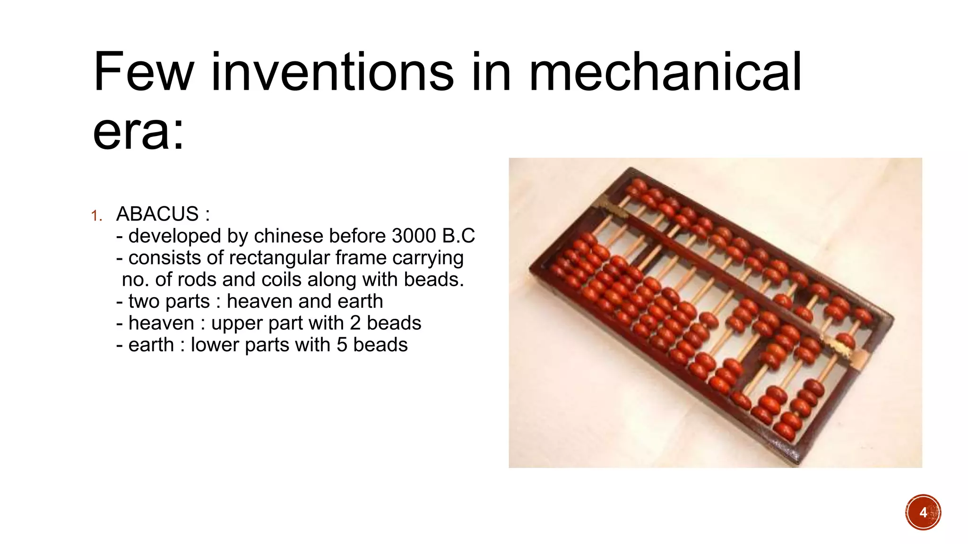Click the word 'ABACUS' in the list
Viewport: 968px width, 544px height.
point(157,214)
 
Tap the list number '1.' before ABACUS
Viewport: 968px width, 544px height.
point(97,216)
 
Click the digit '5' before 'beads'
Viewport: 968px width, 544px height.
point(342,345)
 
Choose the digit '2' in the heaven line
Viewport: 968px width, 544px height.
point(355,323)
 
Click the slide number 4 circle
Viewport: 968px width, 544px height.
point(923,512)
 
